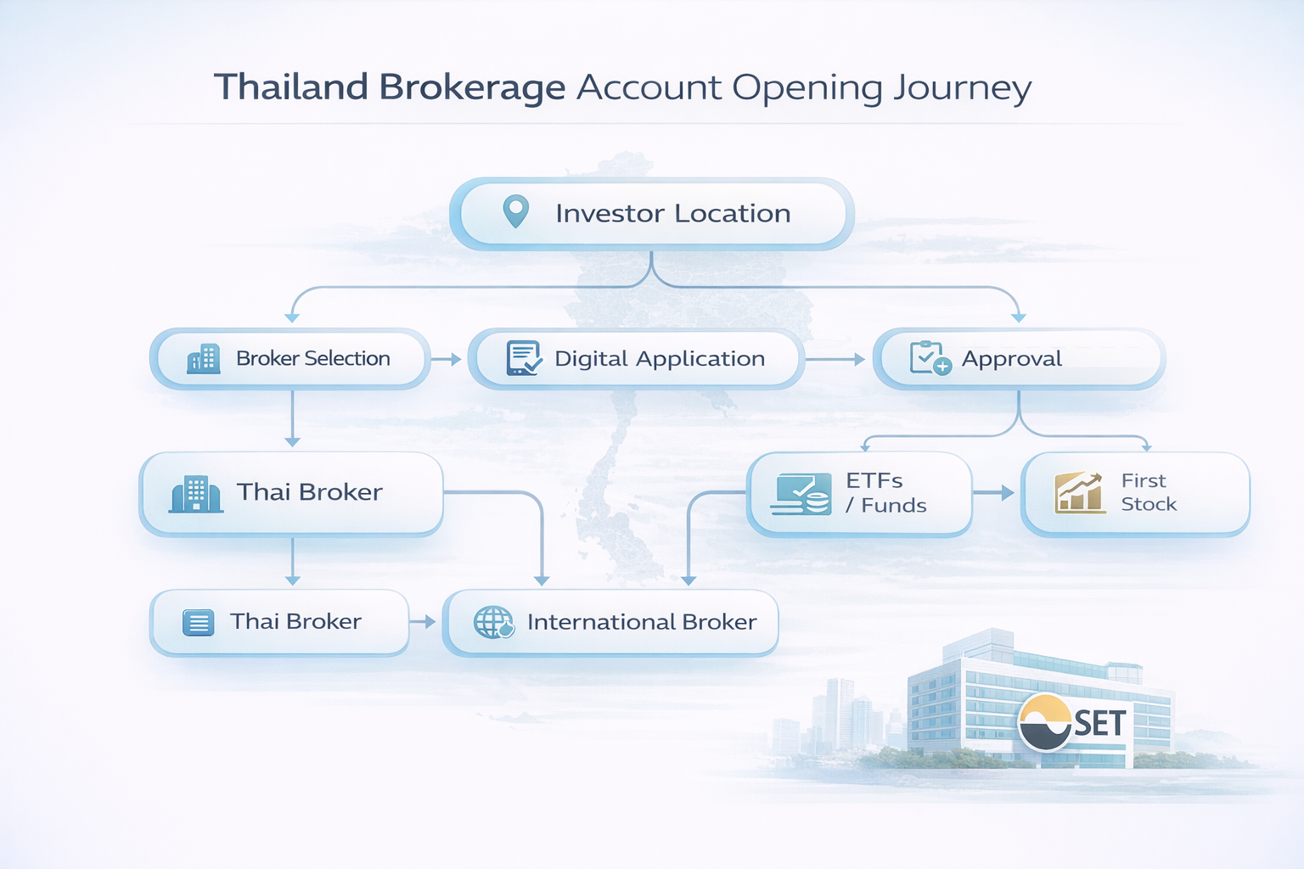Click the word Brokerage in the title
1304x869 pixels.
tap(472, 87)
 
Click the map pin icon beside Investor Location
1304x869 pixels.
tap(516, 211)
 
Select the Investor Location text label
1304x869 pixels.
tap(672, 213)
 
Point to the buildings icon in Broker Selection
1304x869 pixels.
tap(204, 359)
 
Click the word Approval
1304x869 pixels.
tap(1011, 359)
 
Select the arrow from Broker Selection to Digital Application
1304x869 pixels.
tap(447, 359)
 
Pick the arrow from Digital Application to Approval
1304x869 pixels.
tap(835, 359)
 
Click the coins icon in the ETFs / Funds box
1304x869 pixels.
tap(802, 494)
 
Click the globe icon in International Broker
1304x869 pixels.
tap(493, 622)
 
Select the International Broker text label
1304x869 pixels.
tap(641, 622)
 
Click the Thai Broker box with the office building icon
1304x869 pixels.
tap(291, 493)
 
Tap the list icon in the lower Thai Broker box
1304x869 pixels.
tap(199, 622)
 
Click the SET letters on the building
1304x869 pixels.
tap(1099, 723)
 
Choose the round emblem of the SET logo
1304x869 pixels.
tap(1045, 722)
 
